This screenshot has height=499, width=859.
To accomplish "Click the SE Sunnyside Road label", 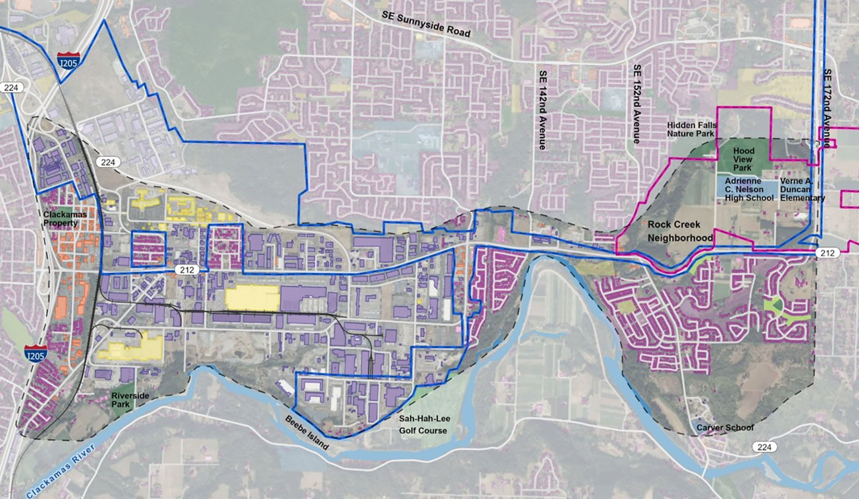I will [426, 25].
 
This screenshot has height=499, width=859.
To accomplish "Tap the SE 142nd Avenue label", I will [542, 110].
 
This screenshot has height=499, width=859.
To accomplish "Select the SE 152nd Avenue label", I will [637, 104].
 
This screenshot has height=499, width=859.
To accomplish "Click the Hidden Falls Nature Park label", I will [691, 129].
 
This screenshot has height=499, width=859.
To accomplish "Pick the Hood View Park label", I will [743, 159].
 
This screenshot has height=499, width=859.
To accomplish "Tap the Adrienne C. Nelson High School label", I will [749, 190].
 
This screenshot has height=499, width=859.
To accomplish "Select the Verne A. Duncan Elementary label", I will [802, 190].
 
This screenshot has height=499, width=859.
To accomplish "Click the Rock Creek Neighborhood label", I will [680, 231].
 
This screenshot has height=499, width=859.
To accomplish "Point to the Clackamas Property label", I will [64, 218].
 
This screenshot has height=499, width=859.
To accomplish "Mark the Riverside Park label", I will [130, 400].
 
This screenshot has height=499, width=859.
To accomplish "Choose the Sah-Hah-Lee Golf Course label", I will [424, 425].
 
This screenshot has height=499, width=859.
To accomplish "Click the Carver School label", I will [725, 428].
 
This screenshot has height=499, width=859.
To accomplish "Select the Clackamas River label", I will [60, 472].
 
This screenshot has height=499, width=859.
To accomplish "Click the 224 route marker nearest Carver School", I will [764, 447].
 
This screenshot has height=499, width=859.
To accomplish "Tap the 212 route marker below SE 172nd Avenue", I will [827, 253].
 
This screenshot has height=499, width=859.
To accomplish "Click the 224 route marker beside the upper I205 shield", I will [11, 88].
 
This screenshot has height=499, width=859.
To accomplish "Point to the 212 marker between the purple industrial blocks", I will [187, 270].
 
